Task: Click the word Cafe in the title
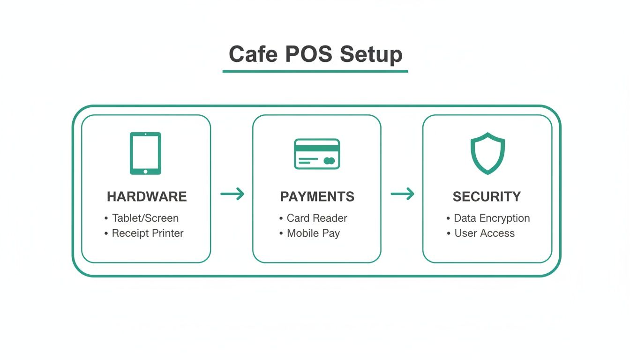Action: [253, 54]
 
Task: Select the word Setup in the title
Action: [371, 55]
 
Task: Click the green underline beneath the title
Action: [315, 71]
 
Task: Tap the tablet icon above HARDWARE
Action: [145, 153]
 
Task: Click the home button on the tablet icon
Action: [145, 171]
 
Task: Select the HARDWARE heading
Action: [147, 196]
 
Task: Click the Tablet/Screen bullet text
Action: [145, 218]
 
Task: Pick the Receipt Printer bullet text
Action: [148, 233]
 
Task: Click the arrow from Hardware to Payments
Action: [232, 194]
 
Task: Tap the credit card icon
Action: [317, 154]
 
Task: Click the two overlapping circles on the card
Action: [329, 161]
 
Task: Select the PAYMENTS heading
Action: [317, 196]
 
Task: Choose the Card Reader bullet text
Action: [317, 218]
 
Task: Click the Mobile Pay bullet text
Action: [313, 233]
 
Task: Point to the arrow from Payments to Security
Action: [402, 194]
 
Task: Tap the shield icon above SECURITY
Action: [487, 153]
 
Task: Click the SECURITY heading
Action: [487, 196]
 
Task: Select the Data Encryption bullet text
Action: [492, 218]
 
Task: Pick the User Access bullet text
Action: [484, 233]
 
